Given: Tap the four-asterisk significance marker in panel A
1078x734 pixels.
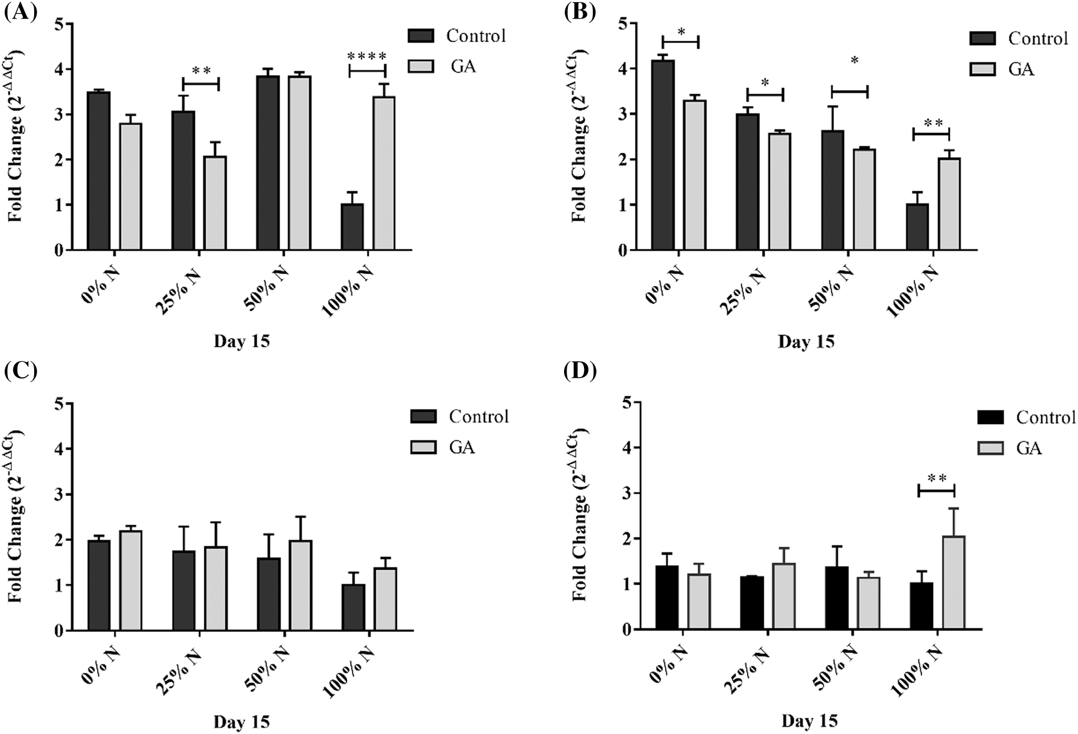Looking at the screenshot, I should [x=368, y=57].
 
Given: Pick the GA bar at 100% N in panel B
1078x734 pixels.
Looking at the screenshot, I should [x=949, y=204].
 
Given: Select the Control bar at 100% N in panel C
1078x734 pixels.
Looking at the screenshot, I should [x=353, y=607].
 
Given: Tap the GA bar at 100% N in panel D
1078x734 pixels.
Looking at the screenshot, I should [x=953, y=582].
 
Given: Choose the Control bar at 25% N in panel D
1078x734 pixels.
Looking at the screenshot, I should [x=752, y=603].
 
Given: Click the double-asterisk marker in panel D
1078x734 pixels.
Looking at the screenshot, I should [x=937, y=479].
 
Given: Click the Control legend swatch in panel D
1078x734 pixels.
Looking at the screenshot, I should [x=989, y=417].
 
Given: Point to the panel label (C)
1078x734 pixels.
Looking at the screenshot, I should [x=20, y=372].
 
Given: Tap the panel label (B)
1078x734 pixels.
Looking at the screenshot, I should [x=580, y=11].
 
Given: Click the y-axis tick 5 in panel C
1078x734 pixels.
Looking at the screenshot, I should [x=59, y=404].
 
